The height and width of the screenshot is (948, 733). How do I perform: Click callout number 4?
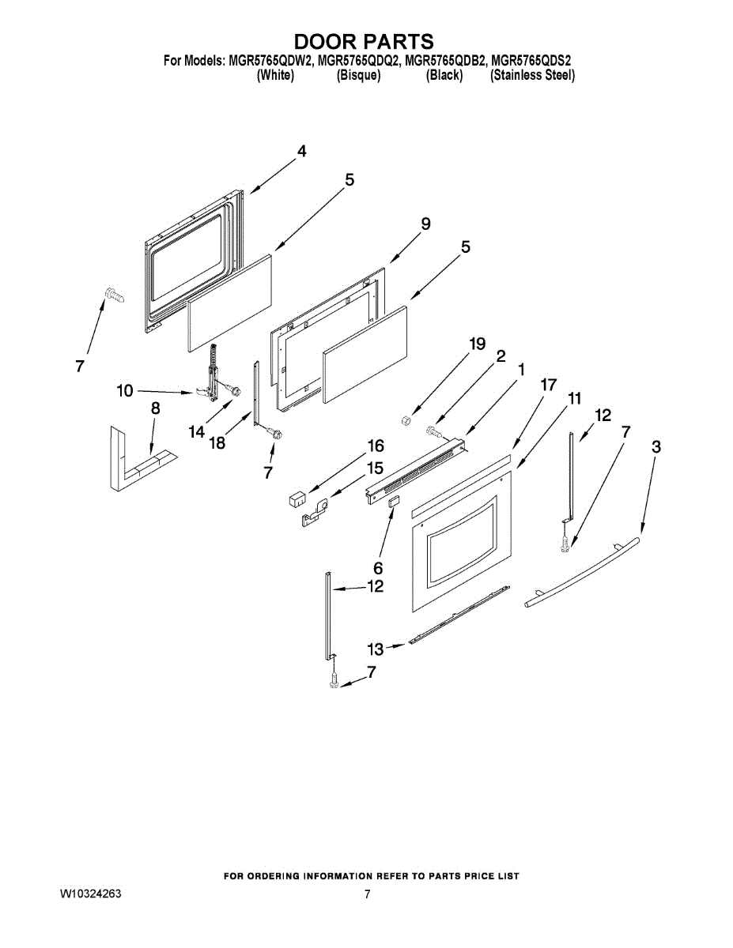(301, 152)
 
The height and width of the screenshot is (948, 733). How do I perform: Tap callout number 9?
(425, 224)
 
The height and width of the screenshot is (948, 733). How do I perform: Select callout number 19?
(476, 344)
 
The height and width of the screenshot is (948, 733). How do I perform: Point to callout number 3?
(656, 447)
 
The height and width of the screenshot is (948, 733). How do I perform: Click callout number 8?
(155, 408)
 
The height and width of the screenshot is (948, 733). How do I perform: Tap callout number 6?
(378, 568)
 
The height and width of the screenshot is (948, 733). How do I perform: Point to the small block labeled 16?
(297, 498)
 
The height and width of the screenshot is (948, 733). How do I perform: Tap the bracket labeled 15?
(315, 511)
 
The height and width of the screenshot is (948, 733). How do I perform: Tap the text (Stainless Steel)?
(532, 76)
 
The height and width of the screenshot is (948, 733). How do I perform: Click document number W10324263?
(91, 895)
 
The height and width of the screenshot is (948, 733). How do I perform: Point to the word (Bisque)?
(358, 76)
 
